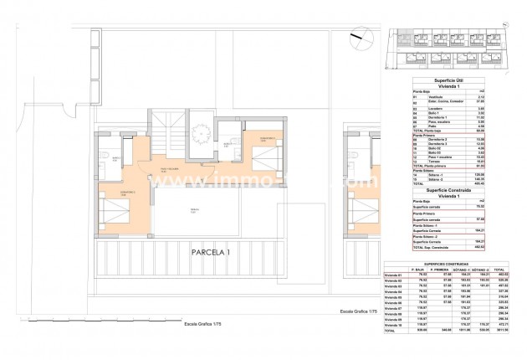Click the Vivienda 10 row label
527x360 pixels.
coord(395,348)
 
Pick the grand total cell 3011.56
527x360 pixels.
coord(502,354)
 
